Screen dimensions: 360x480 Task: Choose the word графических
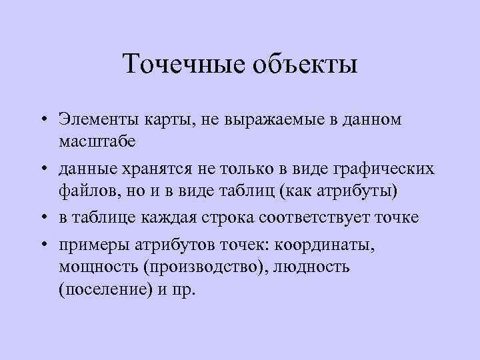coord(383,170)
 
